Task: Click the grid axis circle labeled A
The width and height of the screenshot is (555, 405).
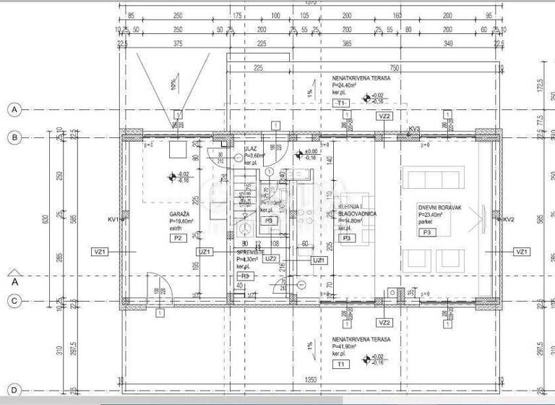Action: tap(14, 109)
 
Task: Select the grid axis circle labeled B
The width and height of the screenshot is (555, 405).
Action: tap(14, 137)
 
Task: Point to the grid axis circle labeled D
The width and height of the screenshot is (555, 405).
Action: tap(14, 390)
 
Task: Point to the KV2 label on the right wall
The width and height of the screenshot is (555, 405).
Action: tap(508, 219)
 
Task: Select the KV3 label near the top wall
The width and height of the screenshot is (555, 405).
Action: tap(414, 129)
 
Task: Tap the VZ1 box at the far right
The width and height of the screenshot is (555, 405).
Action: tap(520, 252)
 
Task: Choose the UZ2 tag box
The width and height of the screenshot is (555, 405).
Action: tap(272, 258)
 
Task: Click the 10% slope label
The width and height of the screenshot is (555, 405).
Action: tap(173, 85)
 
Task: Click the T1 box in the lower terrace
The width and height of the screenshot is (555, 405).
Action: tap(340, 365)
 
